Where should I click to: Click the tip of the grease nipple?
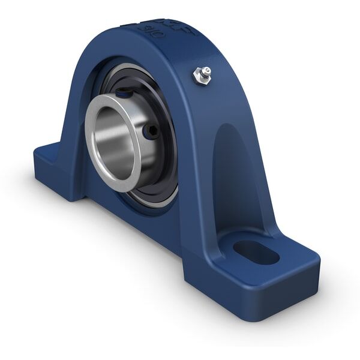[206, 70]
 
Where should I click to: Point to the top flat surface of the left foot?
[51, 150]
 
